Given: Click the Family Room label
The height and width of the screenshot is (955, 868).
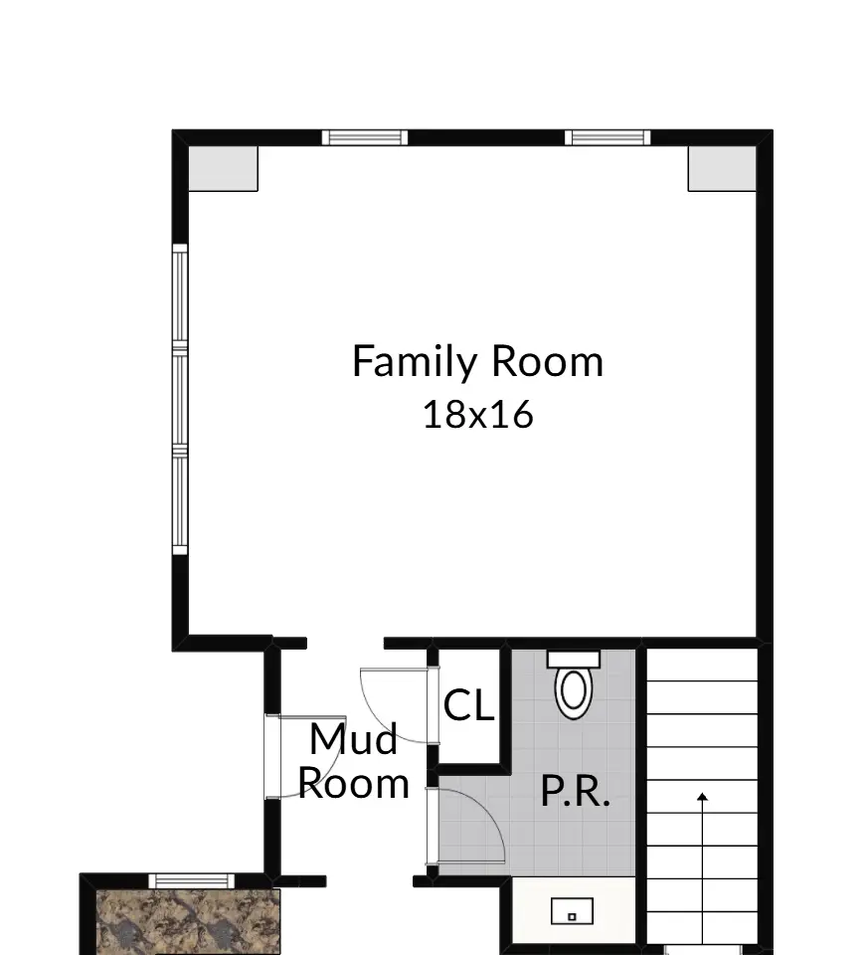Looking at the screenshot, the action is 478,362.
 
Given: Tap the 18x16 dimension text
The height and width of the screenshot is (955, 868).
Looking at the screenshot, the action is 478,415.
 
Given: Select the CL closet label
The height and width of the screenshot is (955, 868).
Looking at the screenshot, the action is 468,705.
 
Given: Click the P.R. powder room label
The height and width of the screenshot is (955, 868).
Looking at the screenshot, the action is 576,791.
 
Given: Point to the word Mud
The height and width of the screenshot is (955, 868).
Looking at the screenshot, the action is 354,739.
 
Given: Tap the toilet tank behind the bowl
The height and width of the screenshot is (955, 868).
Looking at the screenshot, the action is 574,659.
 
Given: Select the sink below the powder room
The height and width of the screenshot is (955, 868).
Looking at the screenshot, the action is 572,911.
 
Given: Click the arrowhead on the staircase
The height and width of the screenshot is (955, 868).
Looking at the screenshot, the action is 702,797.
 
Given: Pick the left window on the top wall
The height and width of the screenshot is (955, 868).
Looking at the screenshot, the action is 365,137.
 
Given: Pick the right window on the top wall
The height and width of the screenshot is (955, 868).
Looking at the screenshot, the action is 608,137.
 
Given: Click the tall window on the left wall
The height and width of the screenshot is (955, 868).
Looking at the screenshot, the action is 180,400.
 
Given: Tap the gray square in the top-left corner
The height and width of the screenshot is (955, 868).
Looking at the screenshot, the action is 224,169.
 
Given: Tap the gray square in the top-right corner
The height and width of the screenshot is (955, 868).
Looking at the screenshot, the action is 723,169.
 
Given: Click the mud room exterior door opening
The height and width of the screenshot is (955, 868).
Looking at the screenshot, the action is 272,756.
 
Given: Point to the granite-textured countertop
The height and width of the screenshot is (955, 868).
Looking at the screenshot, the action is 189,922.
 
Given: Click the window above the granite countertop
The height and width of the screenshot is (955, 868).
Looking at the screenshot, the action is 192,880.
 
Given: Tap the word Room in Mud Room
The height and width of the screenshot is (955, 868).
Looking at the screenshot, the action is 354,784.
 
